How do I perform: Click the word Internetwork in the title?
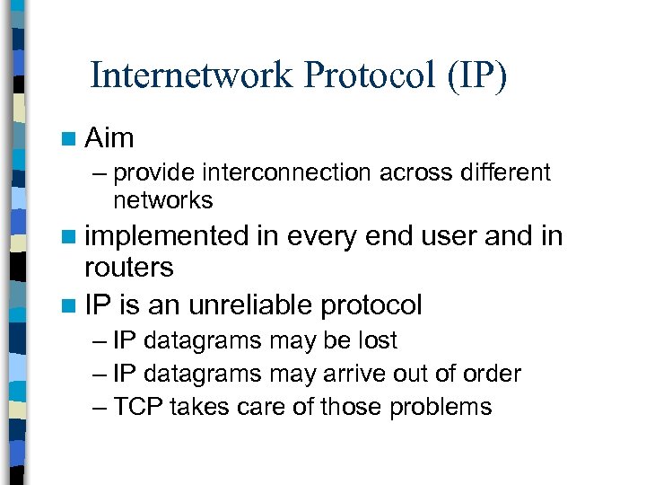click(192, 75)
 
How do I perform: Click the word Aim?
click(109, 137)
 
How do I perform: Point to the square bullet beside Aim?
click(69, 138)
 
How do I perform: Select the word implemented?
click(166, 236)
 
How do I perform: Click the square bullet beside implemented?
click(69, 237)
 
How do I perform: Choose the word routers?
click(128, 267)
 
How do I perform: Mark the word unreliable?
click(249, 304)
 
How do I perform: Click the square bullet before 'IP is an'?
click(69, 305)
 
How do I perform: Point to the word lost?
click(373, 341)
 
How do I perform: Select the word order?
click(491, 374)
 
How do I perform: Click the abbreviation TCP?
click(137, 407)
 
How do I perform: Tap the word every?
click(327, 236)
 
